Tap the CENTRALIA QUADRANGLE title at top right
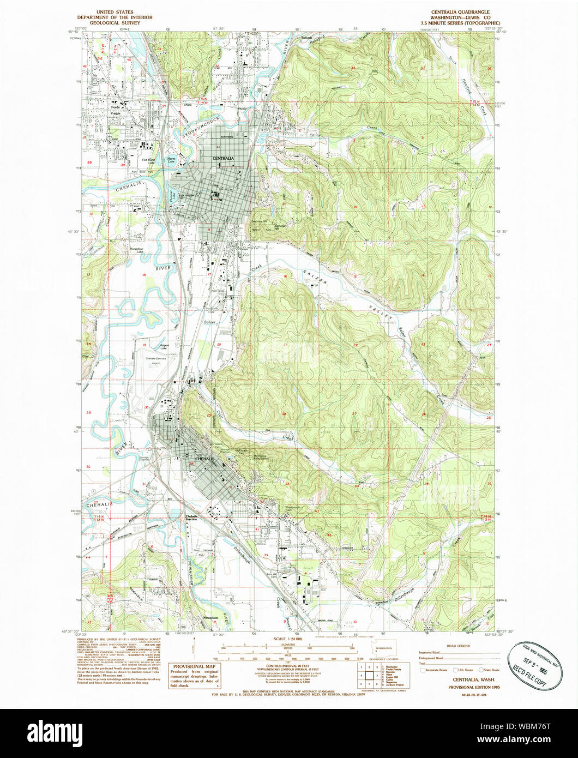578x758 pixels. click(459, 12)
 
